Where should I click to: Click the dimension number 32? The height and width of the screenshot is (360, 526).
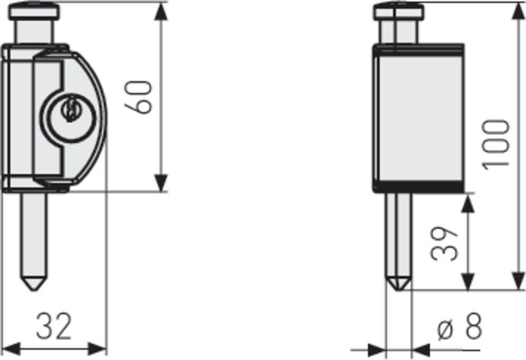[54, 326]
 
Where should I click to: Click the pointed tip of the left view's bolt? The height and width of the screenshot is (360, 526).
[34, 290]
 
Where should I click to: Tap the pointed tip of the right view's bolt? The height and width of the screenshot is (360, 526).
[398, 289]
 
